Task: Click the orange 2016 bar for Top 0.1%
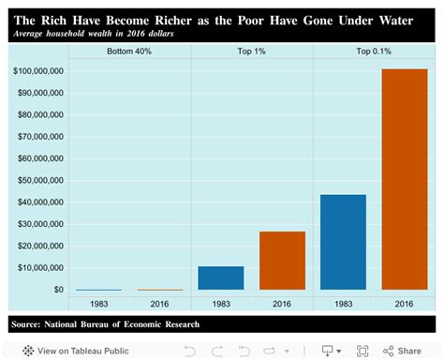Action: pos(404,179)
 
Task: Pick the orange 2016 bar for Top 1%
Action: pos(282,260)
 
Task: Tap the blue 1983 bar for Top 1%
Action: pos(221,277)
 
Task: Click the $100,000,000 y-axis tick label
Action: pos(38,71)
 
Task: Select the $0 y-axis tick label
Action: pos(57,290)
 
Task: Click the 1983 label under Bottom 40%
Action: pos(99,304)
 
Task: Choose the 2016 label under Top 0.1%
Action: pos(404,304)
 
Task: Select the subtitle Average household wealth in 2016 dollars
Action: pos(94,33)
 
